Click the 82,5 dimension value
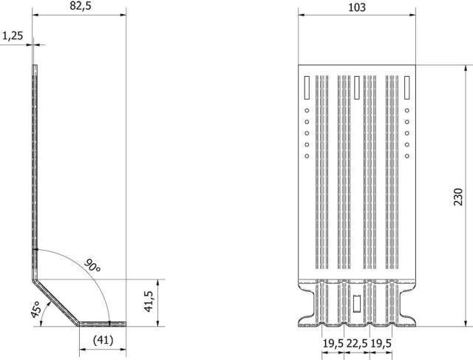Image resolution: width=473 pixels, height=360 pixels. point(81,6)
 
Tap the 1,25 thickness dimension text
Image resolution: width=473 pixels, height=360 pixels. point(13,36)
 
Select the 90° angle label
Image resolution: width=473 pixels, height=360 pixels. point(92,265)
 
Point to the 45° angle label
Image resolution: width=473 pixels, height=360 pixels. point(36,309)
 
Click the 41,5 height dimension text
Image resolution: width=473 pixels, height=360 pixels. point(149,301)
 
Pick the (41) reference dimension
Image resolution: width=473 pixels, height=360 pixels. point(103,340)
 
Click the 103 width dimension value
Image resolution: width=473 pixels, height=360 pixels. point(357,7)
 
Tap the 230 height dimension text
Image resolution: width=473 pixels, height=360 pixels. point(458,197)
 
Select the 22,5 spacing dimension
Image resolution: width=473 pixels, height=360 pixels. point(357,344)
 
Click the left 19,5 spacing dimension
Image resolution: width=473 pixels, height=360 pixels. point(333,344)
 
